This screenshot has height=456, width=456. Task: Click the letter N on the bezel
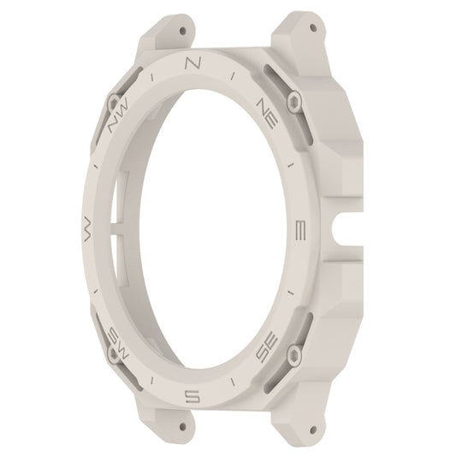pos(192,62)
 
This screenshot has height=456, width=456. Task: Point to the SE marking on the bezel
pos(266,350)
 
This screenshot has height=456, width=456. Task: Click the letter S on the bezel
pos(193,394)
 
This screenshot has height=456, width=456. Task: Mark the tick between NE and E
pos(290,162)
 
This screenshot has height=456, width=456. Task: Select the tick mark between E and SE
pos(290,298)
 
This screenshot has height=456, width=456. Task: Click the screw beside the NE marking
pos(294,101)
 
